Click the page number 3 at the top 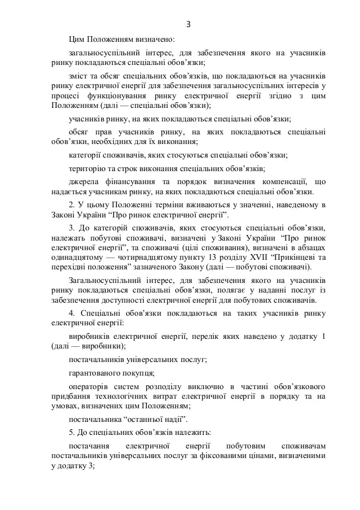click(x=188, y=24)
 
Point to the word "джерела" click(x=83, y=182)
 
